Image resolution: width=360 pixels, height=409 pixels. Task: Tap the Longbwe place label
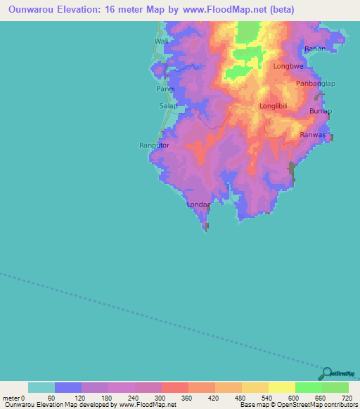[x=288, y=67]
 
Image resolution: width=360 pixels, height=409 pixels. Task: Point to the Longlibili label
[x=275, y=106]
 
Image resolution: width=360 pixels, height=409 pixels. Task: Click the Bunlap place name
[x=321, y=112]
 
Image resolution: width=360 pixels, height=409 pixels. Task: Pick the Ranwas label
[x=313, y=134]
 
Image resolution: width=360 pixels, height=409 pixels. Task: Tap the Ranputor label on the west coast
[x=155, y=145]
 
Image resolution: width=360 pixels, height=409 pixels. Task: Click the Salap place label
[x=168, y=106]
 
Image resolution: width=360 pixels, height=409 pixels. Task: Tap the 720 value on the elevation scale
[x=345, y=398]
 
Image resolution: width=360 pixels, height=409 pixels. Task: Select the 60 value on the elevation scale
[x=51, y=398]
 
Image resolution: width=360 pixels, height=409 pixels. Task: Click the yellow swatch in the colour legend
[x=281, y=387]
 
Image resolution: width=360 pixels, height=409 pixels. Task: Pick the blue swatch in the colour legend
[x=68, y=387]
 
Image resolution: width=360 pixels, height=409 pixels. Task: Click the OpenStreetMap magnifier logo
[x=326, y=373]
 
